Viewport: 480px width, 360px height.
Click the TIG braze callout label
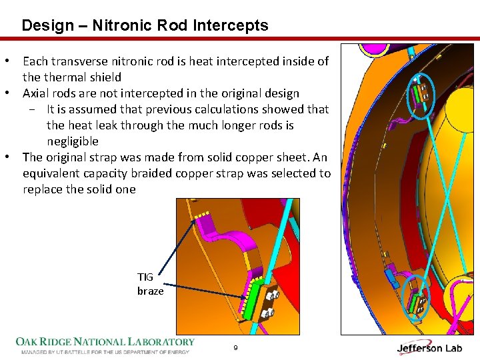150,284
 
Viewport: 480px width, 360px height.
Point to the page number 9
236,348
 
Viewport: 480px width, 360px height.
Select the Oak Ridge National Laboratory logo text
105,342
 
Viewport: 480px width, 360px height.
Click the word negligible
72,141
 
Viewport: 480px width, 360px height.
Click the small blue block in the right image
393,281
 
